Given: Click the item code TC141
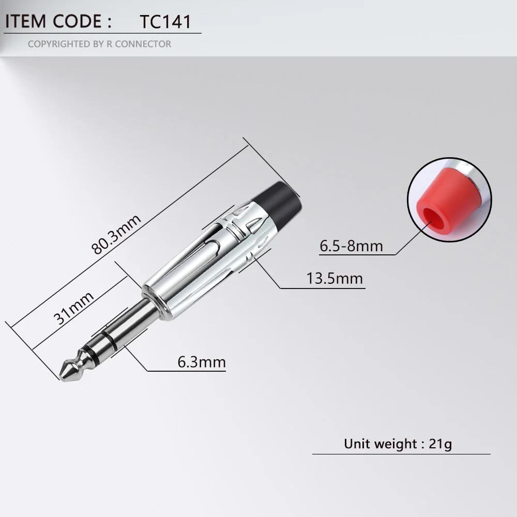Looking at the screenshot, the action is coord(165,22).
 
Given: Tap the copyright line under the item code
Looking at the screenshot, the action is coord(99,44).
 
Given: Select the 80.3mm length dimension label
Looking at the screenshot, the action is coord(116,234).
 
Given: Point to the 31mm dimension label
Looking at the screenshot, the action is coord(73,308).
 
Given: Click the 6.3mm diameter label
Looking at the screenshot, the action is coord(202,362).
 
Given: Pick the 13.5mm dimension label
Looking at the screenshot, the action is coord(334,278).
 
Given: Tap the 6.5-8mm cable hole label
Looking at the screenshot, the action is coord(351,246).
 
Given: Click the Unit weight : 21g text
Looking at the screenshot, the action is coord(398,444).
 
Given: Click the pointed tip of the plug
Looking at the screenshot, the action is coord(60,376).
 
